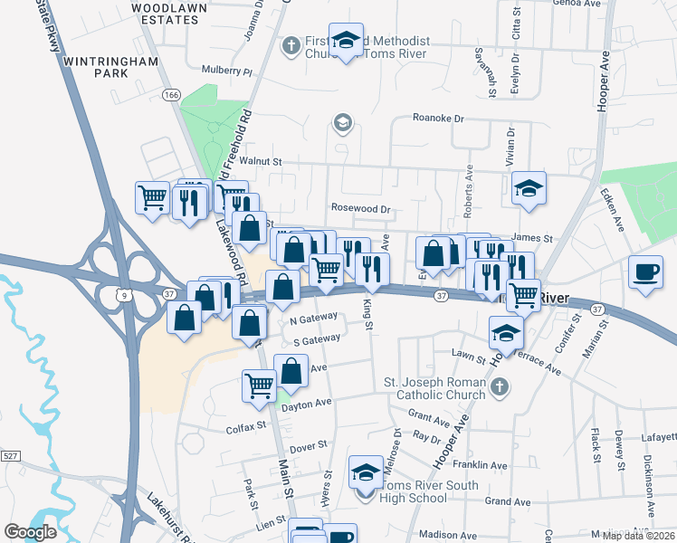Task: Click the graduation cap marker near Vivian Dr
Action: click(x=529, y=188)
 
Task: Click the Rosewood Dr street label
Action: click(x=360, y=209)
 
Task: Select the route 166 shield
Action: click(x=172, y=94)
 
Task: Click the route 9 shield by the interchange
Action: click(x=121, y=294)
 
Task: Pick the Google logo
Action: click(x=31, y=532)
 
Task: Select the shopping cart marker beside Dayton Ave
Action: click(x=260, y=385)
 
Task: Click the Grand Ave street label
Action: click(x=507, y=500)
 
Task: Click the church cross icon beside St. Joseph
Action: click(x=499, y=388)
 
